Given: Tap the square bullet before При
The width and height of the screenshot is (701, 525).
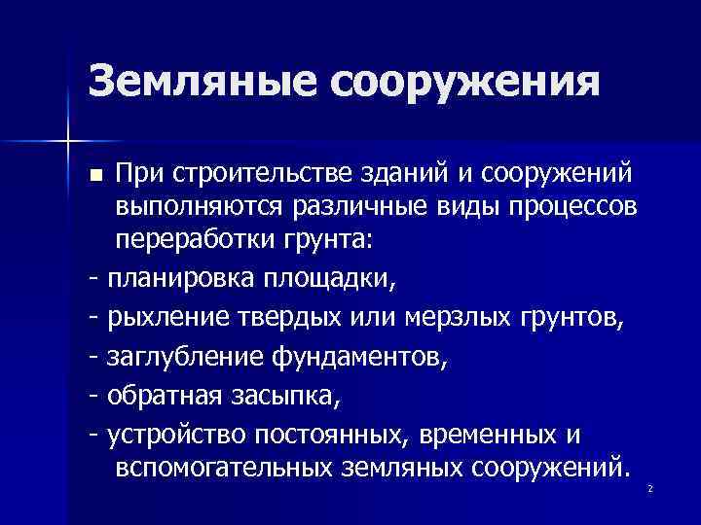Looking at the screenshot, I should [94, 175].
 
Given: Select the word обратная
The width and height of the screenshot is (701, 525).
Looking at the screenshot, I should [166, 398].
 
